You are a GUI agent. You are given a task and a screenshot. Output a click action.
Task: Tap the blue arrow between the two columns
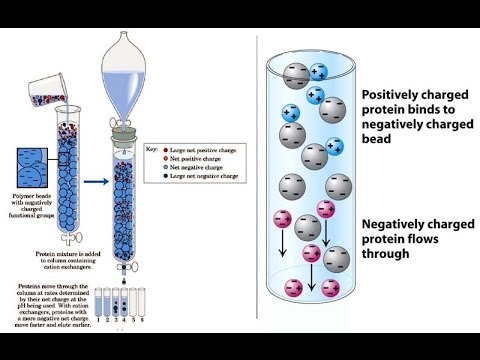(x=86, y=181)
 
